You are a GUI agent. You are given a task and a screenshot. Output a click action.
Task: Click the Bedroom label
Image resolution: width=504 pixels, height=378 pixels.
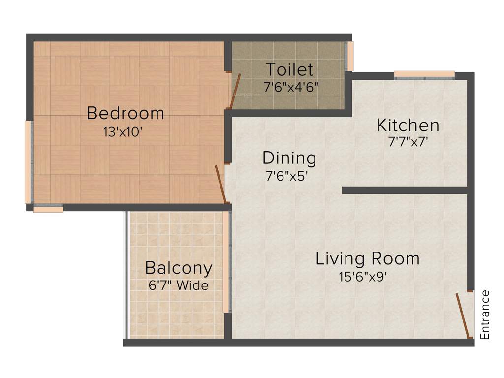coord(125,113)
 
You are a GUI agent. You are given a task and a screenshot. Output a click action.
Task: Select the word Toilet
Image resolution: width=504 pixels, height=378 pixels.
coord(289,69)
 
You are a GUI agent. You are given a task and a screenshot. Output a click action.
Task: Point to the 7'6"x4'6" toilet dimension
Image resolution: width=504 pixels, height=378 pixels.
coord(291,87)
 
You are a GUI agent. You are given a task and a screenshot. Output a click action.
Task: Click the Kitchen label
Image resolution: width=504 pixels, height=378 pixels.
coord(408,125)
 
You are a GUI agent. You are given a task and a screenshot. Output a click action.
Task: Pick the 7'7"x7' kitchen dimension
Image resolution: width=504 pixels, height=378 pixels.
coord(408,142)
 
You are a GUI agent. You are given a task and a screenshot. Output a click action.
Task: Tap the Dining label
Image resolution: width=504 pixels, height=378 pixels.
coord(289,158)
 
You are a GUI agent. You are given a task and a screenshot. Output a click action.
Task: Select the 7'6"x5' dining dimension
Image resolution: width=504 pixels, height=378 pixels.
coord(287,176)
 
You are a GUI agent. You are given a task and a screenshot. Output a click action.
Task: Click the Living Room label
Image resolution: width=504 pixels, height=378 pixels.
coord(367,258)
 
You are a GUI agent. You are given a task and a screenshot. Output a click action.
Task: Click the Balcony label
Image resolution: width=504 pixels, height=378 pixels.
coord(179,268)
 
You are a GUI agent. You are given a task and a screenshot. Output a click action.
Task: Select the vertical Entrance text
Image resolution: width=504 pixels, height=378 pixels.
coord(485,315)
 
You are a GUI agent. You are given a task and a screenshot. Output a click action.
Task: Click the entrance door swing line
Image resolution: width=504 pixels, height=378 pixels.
coord(462,315)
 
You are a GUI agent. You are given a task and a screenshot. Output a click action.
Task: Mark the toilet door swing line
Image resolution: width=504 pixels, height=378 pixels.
coord(235,91)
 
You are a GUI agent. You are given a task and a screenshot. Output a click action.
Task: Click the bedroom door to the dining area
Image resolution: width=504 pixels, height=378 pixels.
coord(220,184)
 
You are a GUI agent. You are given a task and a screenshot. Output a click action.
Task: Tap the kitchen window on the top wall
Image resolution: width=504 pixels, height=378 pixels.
coord(424,75)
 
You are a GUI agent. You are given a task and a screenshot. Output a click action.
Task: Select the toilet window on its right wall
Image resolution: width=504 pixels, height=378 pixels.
coord(350,56)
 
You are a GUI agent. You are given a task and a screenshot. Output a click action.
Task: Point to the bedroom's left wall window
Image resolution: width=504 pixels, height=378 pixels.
coord(28,162)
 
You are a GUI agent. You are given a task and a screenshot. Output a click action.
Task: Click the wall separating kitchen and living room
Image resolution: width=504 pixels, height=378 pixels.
coord(404,190)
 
